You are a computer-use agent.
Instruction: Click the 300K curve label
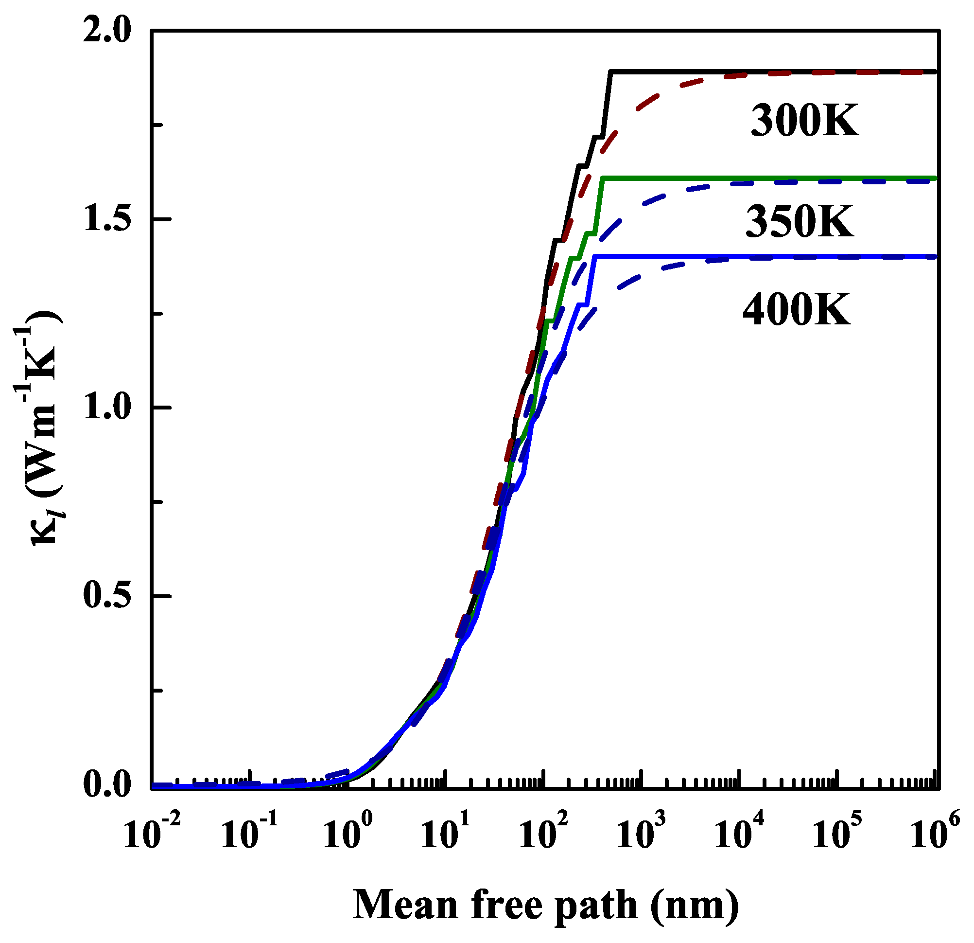pyautogui.click(x=804, y=121)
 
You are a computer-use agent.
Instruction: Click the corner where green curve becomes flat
pyautogui.click(x=602, y=178)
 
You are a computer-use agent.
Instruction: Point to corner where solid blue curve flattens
pyautogui.click(x=595, y=257)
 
